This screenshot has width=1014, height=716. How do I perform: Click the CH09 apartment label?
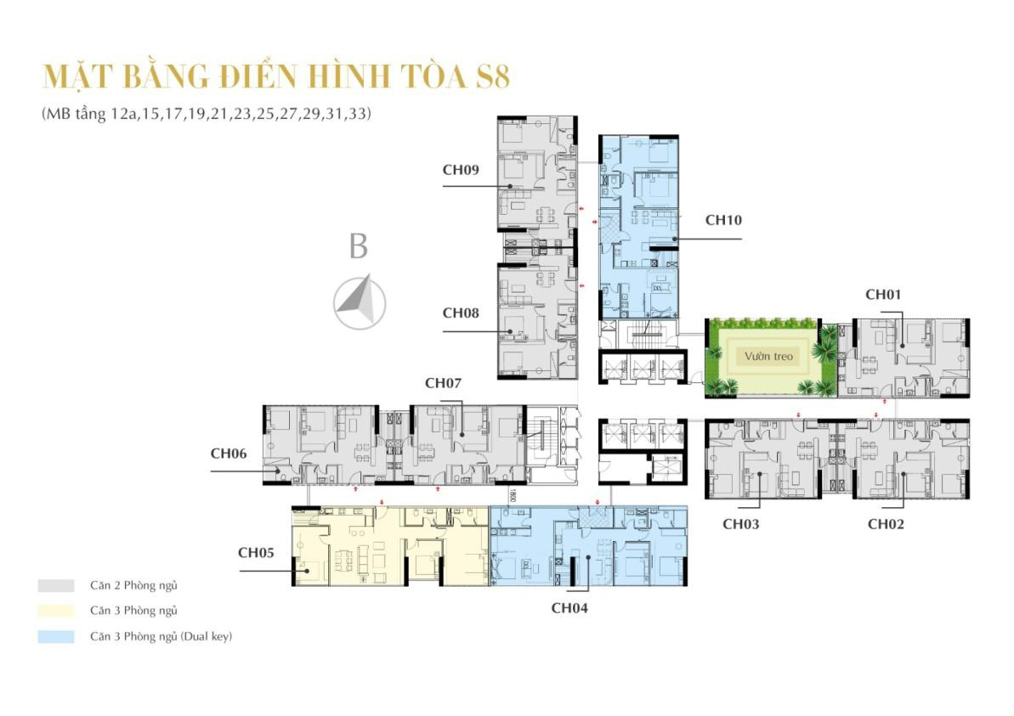[461, 169]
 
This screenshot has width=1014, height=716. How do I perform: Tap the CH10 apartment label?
[723, 220]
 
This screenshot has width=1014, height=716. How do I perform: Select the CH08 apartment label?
[461, 313]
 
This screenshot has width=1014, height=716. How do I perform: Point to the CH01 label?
[883, 295]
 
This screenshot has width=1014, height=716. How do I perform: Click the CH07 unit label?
[443, 383]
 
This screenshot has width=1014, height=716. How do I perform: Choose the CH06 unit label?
[229, 454]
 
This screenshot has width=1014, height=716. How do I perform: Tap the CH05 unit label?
[256, 552]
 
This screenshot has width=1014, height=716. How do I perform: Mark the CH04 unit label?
[569, 607]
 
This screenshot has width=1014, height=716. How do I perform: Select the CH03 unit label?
[740, 524]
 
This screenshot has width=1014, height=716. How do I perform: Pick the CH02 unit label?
[885, 524]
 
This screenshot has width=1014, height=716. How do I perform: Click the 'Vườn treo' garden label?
[769, 357]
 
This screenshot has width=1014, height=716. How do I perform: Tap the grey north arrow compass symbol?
[359, 302]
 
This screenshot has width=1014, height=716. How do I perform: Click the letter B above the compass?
[359, 247]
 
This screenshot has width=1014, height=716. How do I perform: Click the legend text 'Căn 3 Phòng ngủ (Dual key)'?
[161, 636]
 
